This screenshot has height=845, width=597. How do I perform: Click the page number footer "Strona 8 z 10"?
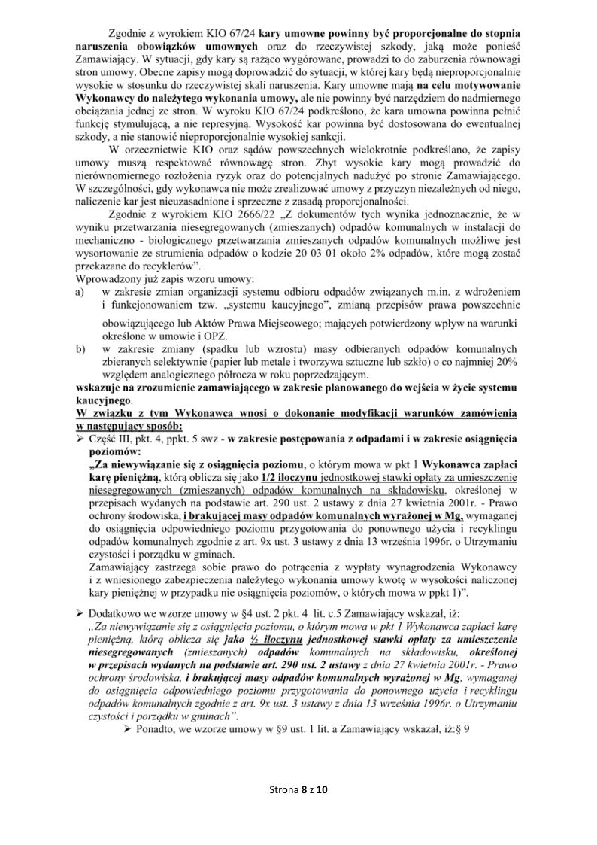tap(299, 789)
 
